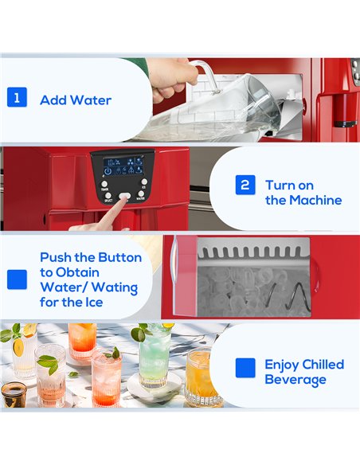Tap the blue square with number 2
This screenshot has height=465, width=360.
point(246,186)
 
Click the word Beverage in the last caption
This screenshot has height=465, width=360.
point(295,380)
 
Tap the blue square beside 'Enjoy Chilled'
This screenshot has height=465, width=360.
point(246,367)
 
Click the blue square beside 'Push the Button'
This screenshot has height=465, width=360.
point(17,279)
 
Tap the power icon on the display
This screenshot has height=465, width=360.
point(108,171)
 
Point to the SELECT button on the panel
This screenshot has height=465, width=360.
point(107,196)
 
